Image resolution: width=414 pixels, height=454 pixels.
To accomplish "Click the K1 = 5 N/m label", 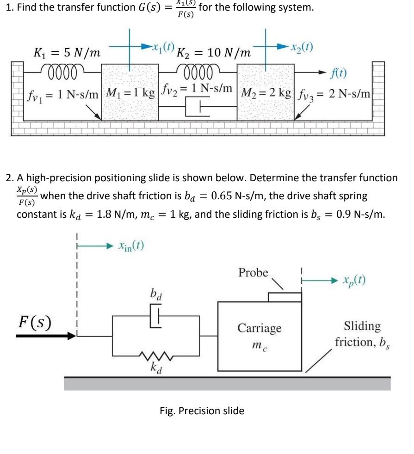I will (x=68, y=53).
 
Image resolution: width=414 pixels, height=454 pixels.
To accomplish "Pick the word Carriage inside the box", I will (x=259, y=328).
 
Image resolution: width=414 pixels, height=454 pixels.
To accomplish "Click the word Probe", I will (x=253, y=272).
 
